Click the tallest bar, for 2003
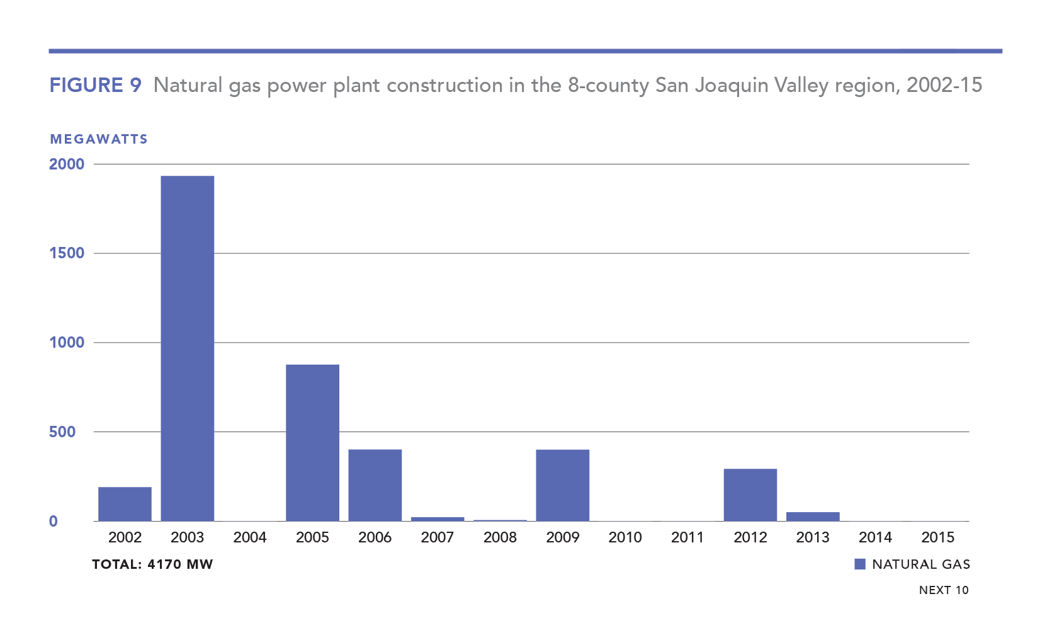(187, 348)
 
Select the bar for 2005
(312, 442)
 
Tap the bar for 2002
(125, 503)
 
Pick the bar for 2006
(375, 484)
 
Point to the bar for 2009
(562, 484)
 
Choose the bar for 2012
(750, 495)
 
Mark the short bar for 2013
(812, 517)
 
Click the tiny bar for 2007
(438, 519)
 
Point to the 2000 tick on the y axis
(67, 164)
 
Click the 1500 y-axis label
(67, 253)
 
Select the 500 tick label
(62, 432)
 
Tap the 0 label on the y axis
(54, 521)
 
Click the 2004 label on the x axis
(250, 537)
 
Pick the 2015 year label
(937, 537)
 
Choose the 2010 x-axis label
(625, 537)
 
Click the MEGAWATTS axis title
(99, 139)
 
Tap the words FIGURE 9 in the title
(96, 85)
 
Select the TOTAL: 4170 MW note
(152, 564)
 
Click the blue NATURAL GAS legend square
(860, 564)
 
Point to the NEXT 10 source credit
(944, 590)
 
